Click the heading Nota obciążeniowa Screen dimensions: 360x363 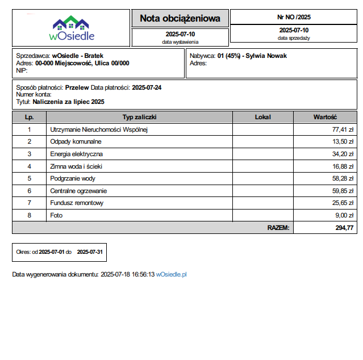[180, 19]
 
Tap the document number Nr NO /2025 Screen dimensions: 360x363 [294, 17]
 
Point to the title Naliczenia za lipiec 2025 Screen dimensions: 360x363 [69, 102]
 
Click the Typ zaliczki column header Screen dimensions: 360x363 [139, 117]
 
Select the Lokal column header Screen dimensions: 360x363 [263, 117]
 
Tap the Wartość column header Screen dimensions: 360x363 [326, 117]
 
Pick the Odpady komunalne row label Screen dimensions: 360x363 [76, 141]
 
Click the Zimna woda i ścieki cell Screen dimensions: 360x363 [76, 166]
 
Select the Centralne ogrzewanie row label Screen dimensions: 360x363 [78, 191]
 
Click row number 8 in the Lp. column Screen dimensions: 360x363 [29, 215]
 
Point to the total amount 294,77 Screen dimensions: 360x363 [344, 228]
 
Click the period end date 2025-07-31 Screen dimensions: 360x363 [89, 251]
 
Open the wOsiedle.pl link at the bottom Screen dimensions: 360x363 [172, 274]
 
